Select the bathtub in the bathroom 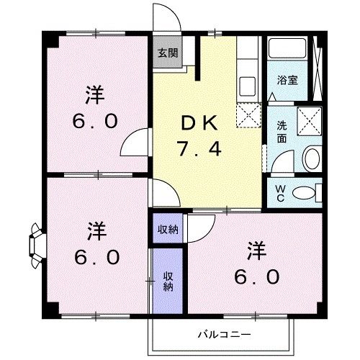click(289, 53)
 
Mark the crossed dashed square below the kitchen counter click(248, 114)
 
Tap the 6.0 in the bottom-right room click(256, 276)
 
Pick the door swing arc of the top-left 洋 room click(133, 144)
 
